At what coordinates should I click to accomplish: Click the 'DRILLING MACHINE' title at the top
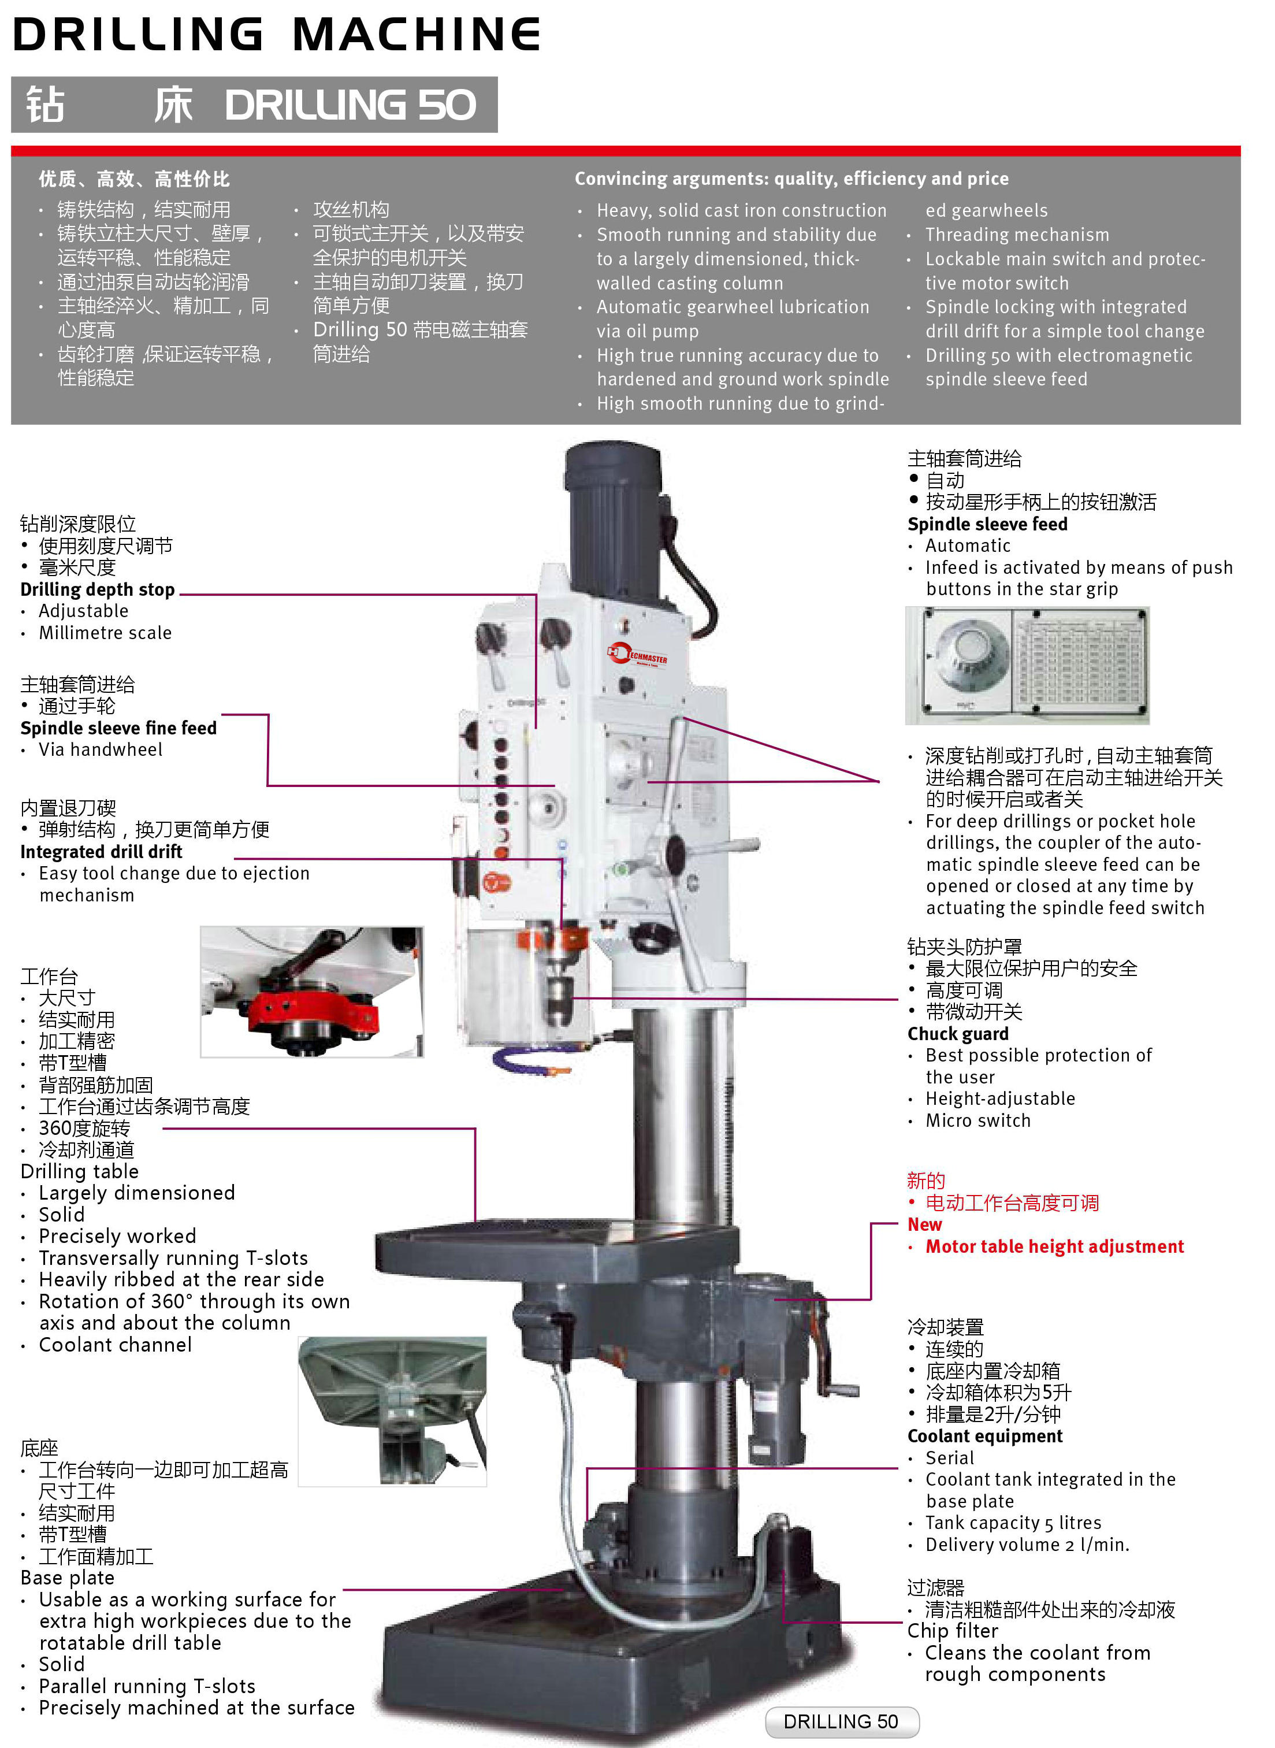pyautogui.click(x=276, y=34)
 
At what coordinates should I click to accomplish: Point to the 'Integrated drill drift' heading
pyautogui.click(x=101, y=852)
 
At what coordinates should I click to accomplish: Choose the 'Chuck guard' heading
pyautogui.click(x=958, y=1034)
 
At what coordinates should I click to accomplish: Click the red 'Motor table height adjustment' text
pyautogui.click(x=1054, y=1246)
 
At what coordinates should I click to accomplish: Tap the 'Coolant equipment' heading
pyautogui.click(x=985, y=1436)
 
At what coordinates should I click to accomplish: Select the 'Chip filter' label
pyautogui.click(x=953, y=1631)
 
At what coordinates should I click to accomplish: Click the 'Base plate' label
pyautogui.click(x=67, y=1578)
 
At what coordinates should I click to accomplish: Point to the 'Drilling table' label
pyautogui.click(x=80, y=1171)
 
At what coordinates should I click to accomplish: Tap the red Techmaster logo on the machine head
pyautogui.click(x=638, y=655)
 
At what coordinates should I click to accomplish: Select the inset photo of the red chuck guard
pyautogui.click(x=312, y=992)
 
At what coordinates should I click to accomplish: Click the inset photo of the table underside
pyautogui.click(x=393, y=1411)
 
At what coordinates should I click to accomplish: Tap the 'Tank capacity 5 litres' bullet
pyautogui.click(x=1013, y=1523)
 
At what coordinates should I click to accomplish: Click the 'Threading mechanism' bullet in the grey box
pyautogui.click(x=1017, y=235)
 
